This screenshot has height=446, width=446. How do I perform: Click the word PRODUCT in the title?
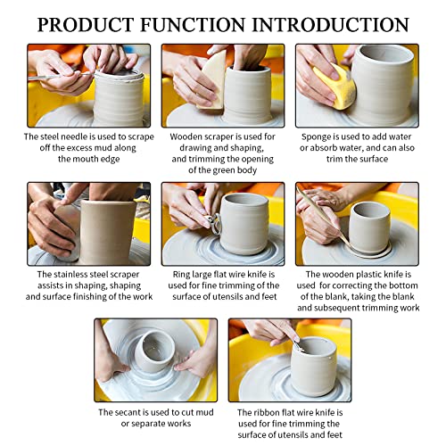[86, 24]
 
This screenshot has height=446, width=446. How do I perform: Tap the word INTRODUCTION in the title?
[331, 24]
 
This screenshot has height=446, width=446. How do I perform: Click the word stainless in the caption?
[72, 275]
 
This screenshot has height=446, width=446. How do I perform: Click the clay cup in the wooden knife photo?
[369, 227]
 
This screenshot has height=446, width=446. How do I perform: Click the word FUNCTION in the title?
[193, 24]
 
